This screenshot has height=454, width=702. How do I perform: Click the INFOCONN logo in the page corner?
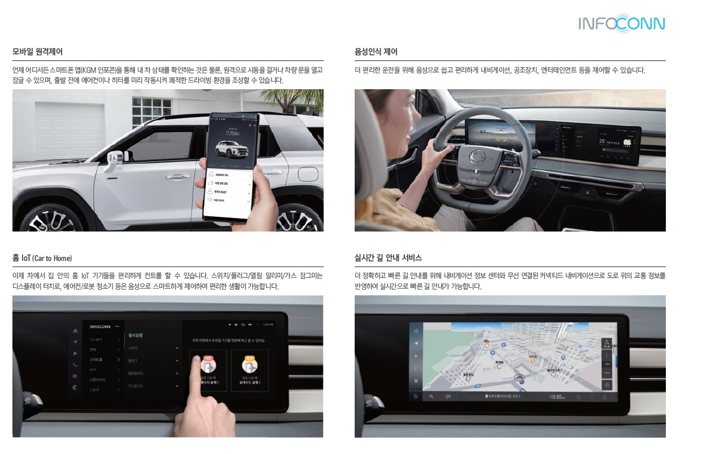621,24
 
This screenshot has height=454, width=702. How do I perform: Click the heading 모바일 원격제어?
37,52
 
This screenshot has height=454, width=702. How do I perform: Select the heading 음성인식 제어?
376,52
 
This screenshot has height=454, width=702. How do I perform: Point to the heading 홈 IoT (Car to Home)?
42,258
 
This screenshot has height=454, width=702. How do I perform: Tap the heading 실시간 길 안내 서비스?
388,258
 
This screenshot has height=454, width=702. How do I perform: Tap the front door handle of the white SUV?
177,177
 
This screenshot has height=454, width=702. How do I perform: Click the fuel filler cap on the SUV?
308,173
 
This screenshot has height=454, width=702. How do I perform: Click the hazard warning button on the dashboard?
590,192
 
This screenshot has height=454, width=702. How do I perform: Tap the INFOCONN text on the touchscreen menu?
101,326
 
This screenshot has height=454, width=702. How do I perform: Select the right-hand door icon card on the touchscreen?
249,370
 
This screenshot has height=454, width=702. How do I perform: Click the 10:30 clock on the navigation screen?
557,397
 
